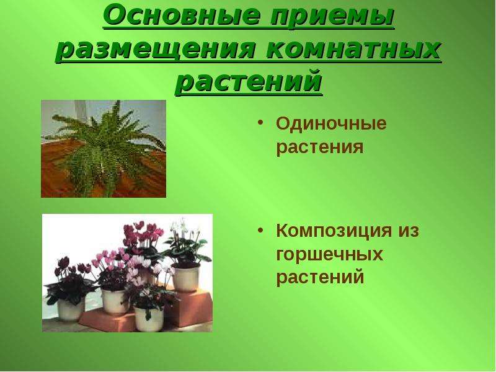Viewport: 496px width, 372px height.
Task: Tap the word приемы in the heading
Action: (332, 17)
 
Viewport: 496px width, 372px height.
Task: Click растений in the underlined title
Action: (249, 83)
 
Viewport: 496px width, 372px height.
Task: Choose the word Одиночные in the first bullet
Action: (331, 124)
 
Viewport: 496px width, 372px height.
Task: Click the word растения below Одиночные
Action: (320, 148)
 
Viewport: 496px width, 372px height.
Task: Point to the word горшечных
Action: (329, 255)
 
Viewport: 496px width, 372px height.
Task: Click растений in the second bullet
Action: (320, 277)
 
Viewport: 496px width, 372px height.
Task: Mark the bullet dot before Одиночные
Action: (260, 122)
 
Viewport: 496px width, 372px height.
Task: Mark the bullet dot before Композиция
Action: (260, 229)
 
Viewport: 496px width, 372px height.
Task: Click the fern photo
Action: (104, 149)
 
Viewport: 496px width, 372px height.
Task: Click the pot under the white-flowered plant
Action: (186, 278)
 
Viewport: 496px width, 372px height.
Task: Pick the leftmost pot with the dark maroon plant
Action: (70, 308)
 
